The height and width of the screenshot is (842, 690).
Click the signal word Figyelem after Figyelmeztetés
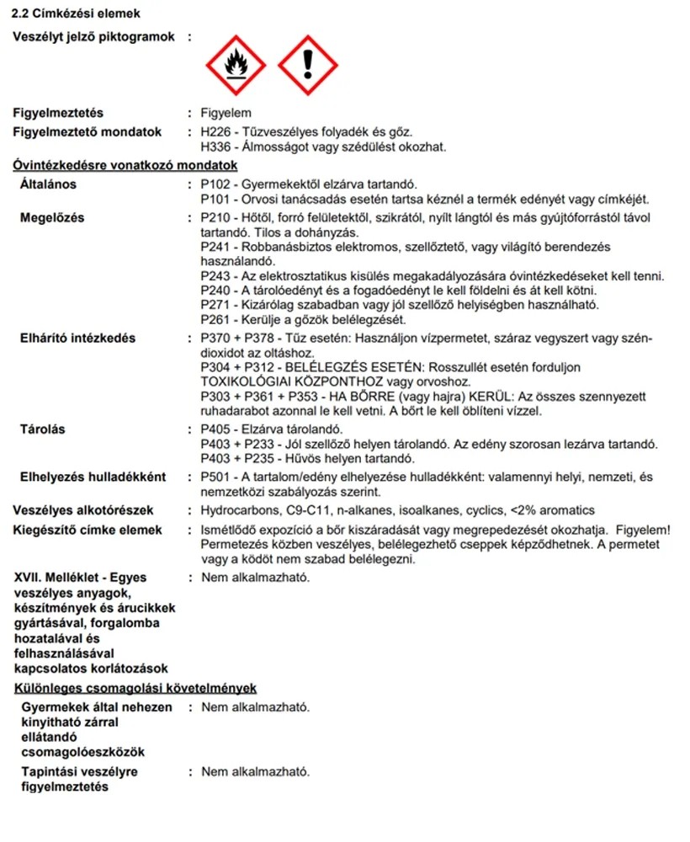point(226,113)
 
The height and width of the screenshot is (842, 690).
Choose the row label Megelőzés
point(52,218)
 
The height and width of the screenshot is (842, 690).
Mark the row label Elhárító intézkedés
point(77,338)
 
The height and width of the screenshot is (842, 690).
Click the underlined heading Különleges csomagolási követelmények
point(135,689)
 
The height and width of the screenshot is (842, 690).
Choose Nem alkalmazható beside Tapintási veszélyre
point(255,771)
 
